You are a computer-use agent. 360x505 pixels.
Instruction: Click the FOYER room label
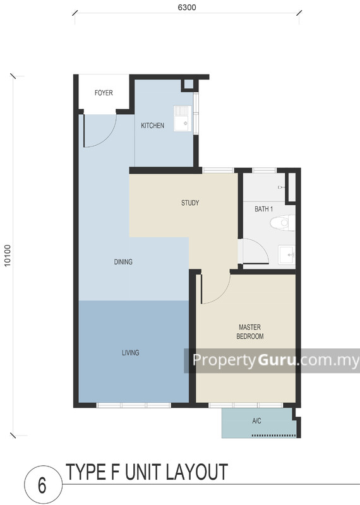click(104, 93)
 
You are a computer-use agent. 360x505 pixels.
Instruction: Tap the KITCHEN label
click(152, 126)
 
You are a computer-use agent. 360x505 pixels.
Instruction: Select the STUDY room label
click(190, 203)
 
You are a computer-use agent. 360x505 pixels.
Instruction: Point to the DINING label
click(123, 262)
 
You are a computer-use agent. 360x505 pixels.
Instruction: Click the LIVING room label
click(130, 353)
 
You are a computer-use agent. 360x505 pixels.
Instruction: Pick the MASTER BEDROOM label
click(250, 332)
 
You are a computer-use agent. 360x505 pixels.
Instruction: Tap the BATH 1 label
click(264, 208)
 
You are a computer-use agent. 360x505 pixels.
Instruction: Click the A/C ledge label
click(257, 420)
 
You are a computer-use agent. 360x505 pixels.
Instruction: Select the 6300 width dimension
click(187, 7)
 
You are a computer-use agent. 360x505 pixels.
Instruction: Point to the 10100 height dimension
click(8, 255)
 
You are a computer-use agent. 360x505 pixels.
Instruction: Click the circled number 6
click(42, 485)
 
